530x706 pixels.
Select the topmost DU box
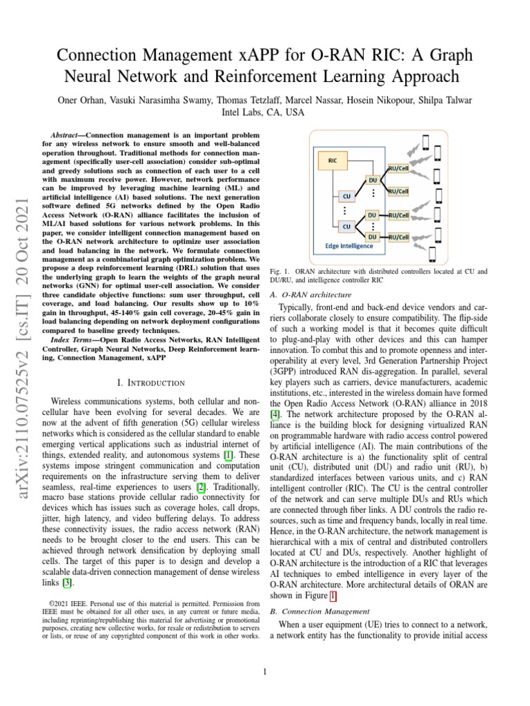[x=372, y=180]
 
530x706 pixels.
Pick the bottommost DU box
[x=372, y=236]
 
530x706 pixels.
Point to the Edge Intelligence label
[x=350, y=245]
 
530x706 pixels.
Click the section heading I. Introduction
[x=150, y=383]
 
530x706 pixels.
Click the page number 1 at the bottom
[x=265, y=672]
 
